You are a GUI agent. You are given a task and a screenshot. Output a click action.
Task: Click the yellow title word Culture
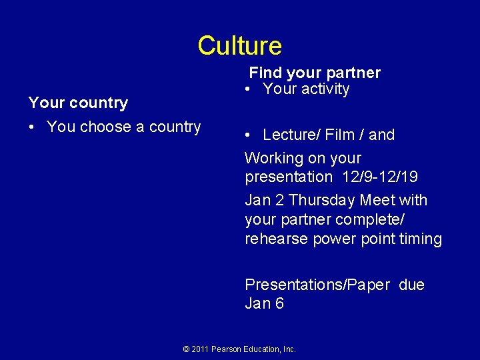(239, 46)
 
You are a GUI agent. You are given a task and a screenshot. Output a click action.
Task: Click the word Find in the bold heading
(265, 73)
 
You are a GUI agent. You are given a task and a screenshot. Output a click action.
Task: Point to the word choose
(107, 127)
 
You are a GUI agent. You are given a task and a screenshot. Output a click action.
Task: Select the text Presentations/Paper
(317, 285)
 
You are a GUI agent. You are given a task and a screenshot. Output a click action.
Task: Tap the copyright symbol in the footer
(187, 349)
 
